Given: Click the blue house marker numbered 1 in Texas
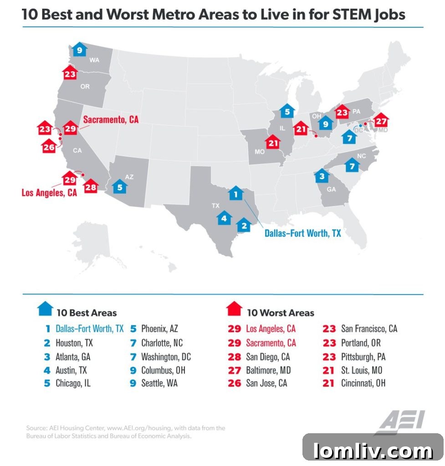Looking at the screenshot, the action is point(235,194).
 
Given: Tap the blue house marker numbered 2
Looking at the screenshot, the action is point(244,224).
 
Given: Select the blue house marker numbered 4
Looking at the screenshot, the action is point(224,219).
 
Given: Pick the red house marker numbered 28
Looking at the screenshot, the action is point(91,186).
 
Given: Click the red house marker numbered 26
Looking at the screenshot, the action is point(49,146).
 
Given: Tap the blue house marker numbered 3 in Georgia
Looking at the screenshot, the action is point(322,176).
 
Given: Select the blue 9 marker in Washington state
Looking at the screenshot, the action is point(79,50).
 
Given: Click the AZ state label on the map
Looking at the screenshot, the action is point(129,177).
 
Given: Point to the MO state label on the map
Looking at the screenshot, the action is point(260,152).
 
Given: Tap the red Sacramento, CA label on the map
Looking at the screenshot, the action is point(111,120).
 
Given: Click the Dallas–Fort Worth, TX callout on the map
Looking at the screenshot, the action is point(302,233).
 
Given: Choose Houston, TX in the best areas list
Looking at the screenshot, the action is point(74,343).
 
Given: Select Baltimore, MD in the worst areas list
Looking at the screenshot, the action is point(268,370).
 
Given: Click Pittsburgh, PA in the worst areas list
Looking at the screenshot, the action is point(363,356).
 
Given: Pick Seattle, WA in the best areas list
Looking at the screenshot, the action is point(159,383).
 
